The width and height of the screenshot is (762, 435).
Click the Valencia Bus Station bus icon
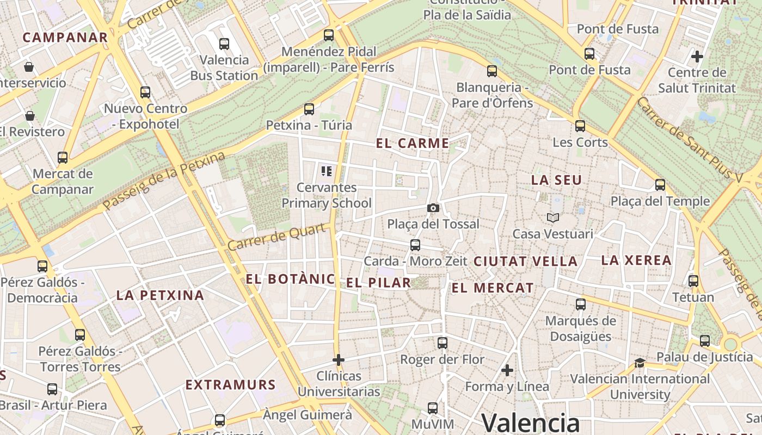[x=224, y=44]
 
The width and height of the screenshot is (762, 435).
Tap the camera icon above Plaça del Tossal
[x=433, y=208]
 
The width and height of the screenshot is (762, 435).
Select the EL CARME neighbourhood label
[x=413, y=144]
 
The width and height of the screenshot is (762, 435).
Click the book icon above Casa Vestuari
[x=553, y=217]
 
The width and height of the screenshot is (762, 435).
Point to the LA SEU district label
[x=556, y=180]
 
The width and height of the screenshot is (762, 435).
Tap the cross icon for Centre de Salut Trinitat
[x=697, y=56]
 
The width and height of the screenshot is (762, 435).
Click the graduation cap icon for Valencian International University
[x=640, y=363]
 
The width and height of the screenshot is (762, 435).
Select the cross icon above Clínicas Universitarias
[x=339, y=360]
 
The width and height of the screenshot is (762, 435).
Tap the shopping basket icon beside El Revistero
[x=30, y=116]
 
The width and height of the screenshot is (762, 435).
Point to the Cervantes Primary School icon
[x=327, y=171]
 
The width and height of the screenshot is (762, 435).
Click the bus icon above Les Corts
[x=580, y=126]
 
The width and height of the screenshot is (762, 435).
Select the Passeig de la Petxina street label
[x=164, y=181]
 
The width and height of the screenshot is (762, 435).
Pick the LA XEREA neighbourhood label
[x=636, y=260]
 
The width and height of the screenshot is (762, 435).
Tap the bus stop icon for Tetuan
[x=693, y=281]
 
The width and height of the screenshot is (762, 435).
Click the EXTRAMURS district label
[x=231, y=385]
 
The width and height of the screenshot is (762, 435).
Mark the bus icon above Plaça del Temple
[x=660, y=185]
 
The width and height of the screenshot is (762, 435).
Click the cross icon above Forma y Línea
[x=507, y=371]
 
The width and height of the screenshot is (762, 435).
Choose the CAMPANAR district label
[x=65, y=38]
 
